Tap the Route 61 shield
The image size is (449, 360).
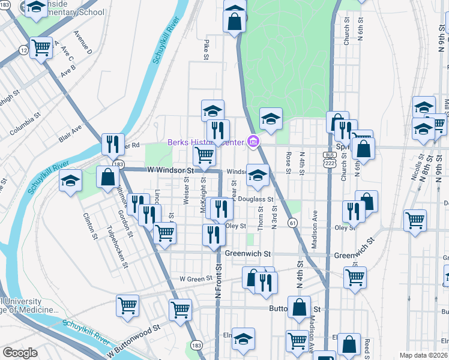pyautogui.click(x=293, y=222)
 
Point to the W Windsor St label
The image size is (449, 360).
pyautogui.click(x=171, y=170)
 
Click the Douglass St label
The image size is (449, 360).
pyautogui.click(x=256, y=199)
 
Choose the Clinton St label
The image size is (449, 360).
pyautogui.click(x=91, y=226)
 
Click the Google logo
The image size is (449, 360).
pyautogui.click(x=19, y=353)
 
